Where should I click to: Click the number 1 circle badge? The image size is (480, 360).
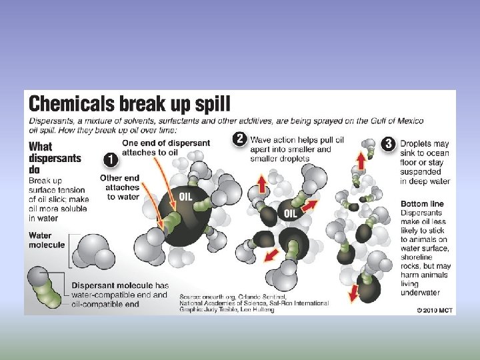pyautogui.click(x=111, y=161)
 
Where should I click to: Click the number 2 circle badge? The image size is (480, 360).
pyautogui.click(x=240, y=139)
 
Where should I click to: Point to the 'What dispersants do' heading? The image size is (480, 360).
pyautogui.click(x=55, y=158)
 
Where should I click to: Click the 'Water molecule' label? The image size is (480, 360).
pyautogui.click(x=47, y=240)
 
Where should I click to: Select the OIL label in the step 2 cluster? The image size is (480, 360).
pyautogui.click(x=291, y=213)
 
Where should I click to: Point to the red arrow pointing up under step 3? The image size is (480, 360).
pyautogui.click(x=361, y=160)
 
